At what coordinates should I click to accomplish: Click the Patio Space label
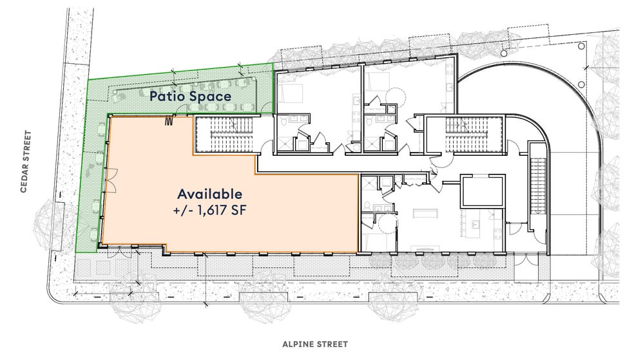190,97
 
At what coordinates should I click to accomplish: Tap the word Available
210,193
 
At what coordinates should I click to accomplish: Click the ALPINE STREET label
315,345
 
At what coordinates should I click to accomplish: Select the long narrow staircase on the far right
537,181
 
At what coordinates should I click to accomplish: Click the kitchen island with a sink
477,226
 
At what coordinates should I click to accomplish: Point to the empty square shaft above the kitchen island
482,191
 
